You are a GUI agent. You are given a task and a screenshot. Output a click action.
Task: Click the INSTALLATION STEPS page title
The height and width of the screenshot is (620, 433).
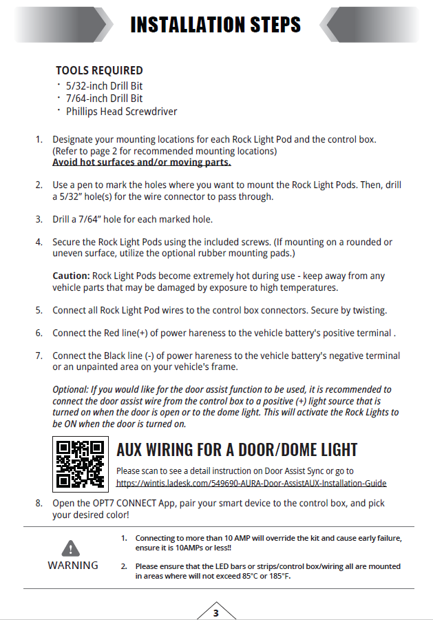click(215, 25)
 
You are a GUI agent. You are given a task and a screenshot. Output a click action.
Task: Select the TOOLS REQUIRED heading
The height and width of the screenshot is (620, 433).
click(99, 70)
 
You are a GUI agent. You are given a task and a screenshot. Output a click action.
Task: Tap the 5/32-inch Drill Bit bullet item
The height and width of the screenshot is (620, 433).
click(104, 86)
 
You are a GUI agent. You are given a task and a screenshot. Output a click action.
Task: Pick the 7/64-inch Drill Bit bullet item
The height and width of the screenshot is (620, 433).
click(104, 99)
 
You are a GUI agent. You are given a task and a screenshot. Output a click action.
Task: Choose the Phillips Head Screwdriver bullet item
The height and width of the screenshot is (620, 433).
click(121, 111)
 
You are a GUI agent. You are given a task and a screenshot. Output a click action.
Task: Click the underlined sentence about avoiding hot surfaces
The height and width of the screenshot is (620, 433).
click(141, 163)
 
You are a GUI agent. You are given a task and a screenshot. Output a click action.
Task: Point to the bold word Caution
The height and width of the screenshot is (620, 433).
click(71, 276)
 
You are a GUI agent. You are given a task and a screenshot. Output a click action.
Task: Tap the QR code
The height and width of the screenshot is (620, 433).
click(81, 463)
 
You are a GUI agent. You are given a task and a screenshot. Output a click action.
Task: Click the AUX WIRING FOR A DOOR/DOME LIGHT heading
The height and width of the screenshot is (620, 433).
click(237, 450)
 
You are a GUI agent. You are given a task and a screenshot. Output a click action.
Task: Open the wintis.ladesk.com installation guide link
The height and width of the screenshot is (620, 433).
click(251, 484)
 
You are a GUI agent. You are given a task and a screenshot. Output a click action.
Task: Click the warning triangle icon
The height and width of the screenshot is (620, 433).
click(72, 548)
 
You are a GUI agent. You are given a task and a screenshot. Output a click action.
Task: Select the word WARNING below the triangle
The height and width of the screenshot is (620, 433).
click(72, 565)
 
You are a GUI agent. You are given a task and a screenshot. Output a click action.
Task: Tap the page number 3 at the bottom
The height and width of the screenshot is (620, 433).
click(215, 612)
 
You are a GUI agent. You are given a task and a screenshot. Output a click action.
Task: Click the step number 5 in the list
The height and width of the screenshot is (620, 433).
click(39, 310)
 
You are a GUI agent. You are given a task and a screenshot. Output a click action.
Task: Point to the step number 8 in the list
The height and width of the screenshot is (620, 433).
click(39, 503)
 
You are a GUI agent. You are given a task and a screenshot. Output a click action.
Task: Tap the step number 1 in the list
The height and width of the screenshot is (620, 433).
click(39, 139)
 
